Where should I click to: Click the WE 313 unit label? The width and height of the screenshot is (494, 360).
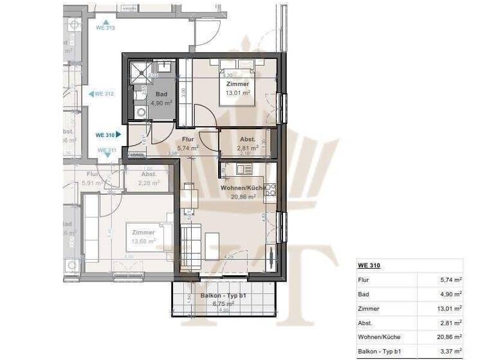point(105,28)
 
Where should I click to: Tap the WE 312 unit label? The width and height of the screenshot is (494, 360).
point(104,93)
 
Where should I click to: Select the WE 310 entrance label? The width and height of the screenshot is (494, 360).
point(105,135)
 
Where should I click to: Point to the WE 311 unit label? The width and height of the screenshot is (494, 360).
point(106,150)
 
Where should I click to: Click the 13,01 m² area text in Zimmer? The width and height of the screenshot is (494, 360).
point(237,92)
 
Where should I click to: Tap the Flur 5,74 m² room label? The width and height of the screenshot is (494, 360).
point(188,143)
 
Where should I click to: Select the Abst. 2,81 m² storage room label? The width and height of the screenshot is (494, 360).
point(248,143)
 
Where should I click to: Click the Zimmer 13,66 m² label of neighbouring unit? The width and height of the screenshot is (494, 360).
point(143,237)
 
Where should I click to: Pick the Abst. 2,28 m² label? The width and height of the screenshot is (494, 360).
point(149,178)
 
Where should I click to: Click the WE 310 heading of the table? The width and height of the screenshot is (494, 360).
point(368,265)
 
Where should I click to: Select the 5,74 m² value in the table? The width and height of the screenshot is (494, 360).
point(450,280)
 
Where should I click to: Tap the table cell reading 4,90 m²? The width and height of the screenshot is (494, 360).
point(450,294)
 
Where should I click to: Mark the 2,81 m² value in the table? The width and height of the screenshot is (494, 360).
point(450,323)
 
